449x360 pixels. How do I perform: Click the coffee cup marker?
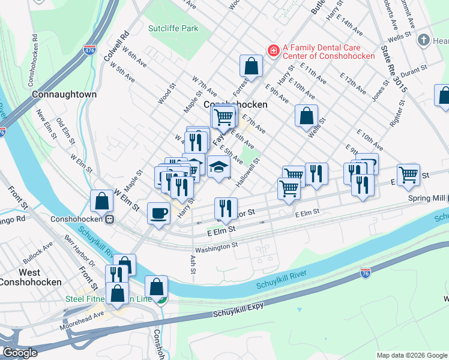tap(158, 213)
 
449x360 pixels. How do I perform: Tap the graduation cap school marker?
tap(218, 166)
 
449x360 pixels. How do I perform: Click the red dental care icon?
tap(273, 50)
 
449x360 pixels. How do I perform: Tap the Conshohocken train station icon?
tap(110, 219)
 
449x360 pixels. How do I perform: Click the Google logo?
tap(20, 353)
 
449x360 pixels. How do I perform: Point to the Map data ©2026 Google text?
tap(411, 355)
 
